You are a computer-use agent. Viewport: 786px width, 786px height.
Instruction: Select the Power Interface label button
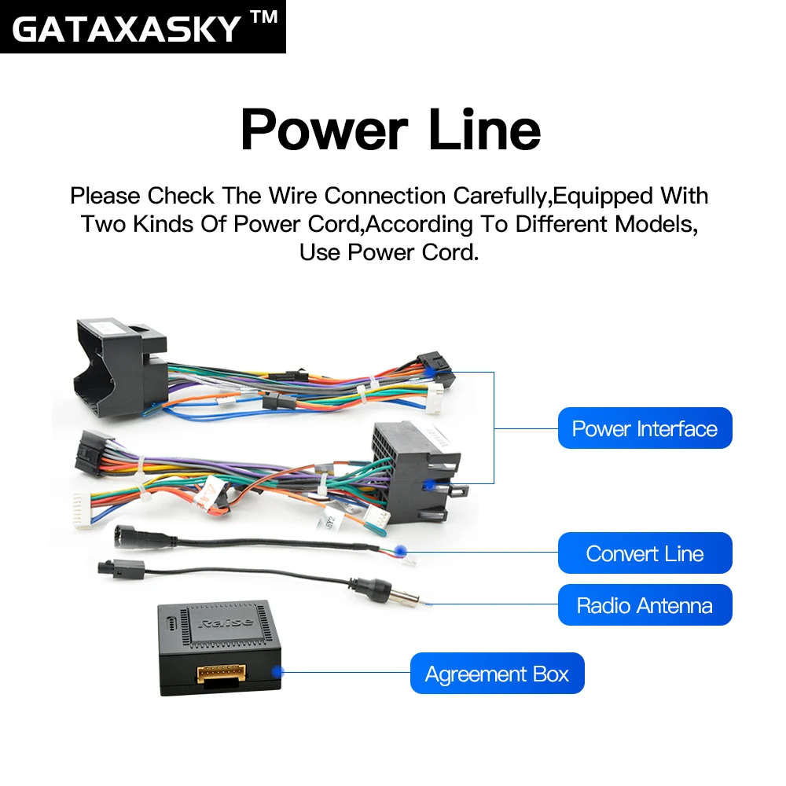(645, 428)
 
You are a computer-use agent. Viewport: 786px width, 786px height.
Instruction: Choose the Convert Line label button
(645, 553)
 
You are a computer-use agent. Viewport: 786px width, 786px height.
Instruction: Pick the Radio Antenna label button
(645, 605)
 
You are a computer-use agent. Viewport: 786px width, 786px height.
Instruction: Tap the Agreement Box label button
(497, 674)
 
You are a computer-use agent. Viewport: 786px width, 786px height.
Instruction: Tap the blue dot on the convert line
(402, 552)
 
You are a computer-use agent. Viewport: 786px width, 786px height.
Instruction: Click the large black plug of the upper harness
(118, 363)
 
